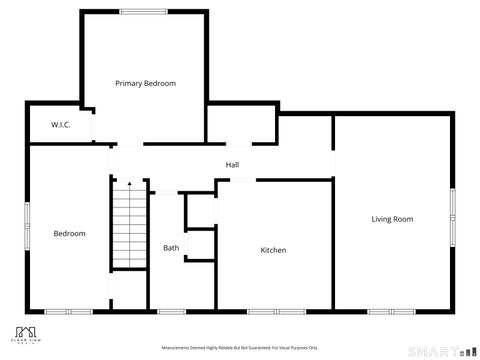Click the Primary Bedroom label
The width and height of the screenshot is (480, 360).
[145, 83]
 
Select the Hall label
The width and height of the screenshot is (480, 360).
[232, 165]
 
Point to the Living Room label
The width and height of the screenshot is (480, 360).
[392, 218]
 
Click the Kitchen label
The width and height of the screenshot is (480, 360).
[273, 250]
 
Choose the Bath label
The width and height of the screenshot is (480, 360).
[171, 248]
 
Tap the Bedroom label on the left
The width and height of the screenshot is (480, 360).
[69, 233]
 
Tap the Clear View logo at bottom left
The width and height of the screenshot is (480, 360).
[29, 334]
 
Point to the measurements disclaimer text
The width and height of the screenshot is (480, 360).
[240, 347]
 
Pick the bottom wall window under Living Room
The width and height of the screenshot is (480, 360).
[391, 311]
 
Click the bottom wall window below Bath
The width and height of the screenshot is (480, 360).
[171, 311]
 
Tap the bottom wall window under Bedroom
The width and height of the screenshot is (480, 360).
[69, 311]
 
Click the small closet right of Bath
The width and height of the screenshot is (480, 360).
[200, 244]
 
